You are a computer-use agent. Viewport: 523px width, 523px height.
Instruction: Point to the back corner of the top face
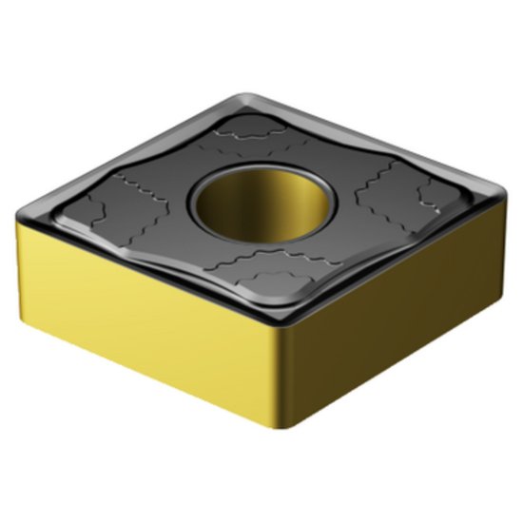[249, 95]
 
